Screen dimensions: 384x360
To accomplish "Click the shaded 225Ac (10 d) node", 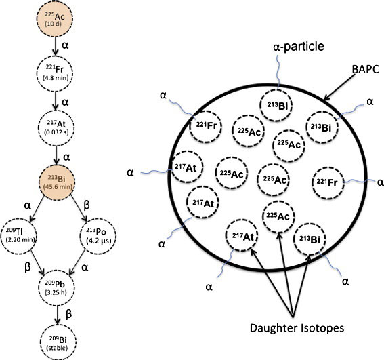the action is [55, 18].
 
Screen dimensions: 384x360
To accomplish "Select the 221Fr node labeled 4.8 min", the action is [55, 74].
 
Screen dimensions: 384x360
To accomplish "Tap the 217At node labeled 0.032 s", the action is [56, 128].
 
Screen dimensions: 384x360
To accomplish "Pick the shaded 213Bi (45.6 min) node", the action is [57, 182].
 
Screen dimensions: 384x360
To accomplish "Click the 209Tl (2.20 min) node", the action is [19, 235].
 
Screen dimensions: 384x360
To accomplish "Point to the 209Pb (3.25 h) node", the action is [57, 287].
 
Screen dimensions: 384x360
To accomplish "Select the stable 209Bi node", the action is [58, 343].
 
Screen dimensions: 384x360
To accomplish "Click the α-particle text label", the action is [299, 47].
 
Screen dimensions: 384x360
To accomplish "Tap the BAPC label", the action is [366, 69].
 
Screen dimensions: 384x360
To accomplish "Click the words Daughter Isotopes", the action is [297, 328].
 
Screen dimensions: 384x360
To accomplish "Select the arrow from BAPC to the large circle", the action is [339, 87].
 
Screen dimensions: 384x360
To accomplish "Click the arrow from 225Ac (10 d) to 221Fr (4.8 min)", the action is [56, 46].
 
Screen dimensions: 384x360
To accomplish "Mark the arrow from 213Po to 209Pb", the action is [77, 262].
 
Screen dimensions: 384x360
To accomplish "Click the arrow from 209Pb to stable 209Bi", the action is [58, 315].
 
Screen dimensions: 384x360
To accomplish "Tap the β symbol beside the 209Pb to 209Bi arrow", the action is [69, 314].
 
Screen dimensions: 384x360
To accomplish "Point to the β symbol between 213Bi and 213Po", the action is [87, 205].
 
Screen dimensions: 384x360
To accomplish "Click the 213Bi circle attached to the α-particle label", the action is [276, 105].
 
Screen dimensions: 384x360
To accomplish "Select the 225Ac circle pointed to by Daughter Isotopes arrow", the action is [278, 216].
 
